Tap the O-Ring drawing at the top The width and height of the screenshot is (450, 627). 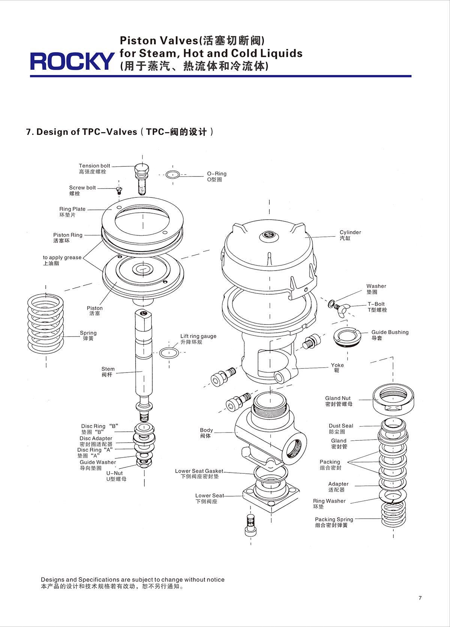tap(172, 175)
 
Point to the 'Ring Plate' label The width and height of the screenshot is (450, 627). tap(72, 209)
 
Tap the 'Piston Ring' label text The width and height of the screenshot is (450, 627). tap(68, 235)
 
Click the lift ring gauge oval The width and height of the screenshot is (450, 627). tap(169, 353)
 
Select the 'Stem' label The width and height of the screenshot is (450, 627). tap(108, 369)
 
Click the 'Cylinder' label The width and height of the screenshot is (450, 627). tap(350, 232)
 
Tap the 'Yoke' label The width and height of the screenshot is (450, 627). tap(337, 365)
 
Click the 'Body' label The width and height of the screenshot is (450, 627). tap(206, 430)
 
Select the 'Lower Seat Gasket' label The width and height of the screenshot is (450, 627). tap(199, 471)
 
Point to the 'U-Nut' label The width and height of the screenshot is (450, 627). tap(114, 473)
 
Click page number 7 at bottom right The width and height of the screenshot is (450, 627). tap(420, 598)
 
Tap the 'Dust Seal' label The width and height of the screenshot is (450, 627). tap(341, 426)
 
